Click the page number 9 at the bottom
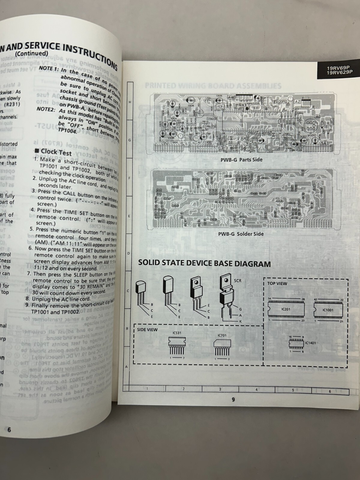pyautogui.click(x=233, y=400)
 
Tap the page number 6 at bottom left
pyautogui.click(x=9, y=430)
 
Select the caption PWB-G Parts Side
pyautogui.click(x=241, y=160)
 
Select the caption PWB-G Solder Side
pyautogui.click(x=241, y=234)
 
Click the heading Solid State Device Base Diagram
pyautogui.click(x=204, y=264)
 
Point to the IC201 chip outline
pyautogui.click(x=286, y=309)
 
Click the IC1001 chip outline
pyautogui.click(x=328, y=310)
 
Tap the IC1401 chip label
pyautogui.click(x=311, y=343)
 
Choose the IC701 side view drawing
pyautogui.click(x=222, y=345)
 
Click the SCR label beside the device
pyautogui.click(x=238, y=281)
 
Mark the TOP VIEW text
pyautogui.click(x=277, y=283)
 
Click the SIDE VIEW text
pyautogui.click(x=147, y=330)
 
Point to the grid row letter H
pyautogui.click(x=130, y=102)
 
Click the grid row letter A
pyautogui.click(x=126, y=367)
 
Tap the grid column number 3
pyautogui.click(x=220, y=389)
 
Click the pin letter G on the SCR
pyautogui.click(x=240, y=309)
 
